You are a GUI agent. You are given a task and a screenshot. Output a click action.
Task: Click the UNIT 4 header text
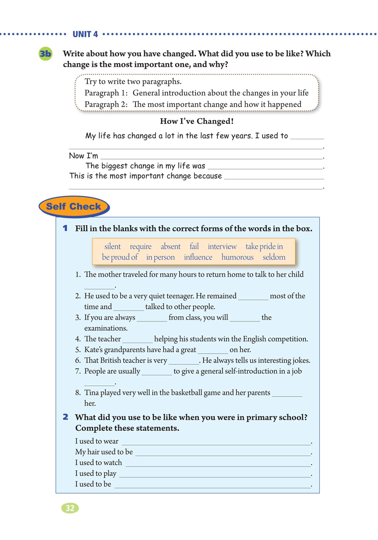click(85, 34)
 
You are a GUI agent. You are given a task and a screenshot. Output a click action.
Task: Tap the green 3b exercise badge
click(45, 54)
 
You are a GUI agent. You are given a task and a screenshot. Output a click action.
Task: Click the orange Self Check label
click(74, 206)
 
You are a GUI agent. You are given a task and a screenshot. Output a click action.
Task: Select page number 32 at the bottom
click(70, 508)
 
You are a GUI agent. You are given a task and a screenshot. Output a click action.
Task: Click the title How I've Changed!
click(197, 121)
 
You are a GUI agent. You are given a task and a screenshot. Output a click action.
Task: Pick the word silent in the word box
click(112, 246)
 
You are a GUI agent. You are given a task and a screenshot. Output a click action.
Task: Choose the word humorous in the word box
click(237, 257)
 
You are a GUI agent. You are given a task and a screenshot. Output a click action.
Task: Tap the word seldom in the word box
click(274, 257)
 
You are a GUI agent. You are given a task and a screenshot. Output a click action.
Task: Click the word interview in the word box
click(222, 246)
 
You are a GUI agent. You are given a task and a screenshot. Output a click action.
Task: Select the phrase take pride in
click(264, 246)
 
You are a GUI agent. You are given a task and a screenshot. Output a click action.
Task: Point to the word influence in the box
click(198, 257)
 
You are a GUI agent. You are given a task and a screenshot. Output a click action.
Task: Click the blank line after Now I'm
click(211, 157)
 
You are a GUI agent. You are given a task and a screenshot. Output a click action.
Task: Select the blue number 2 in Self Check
click(65, 417)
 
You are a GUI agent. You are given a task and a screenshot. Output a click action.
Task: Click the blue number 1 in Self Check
click(65, 228)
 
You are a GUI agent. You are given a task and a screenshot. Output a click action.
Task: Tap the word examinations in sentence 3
click(106, 328)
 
